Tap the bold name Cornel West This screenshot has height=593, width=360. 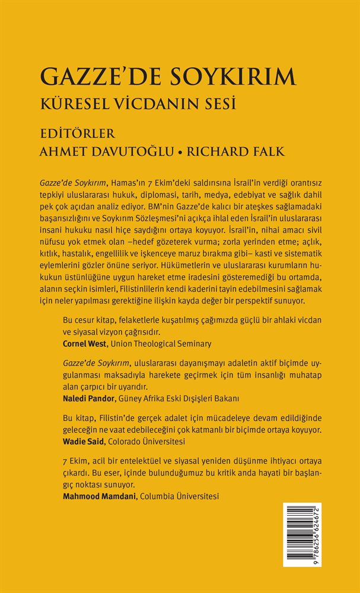(x=84, y=343)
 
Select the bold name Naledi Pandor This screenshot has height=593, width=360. (x=88, y=398)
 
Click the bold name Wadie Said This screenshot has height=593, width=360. (x=82, y=441)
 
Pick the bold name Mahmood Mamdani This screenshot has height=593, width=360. (x=98, y=496)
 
